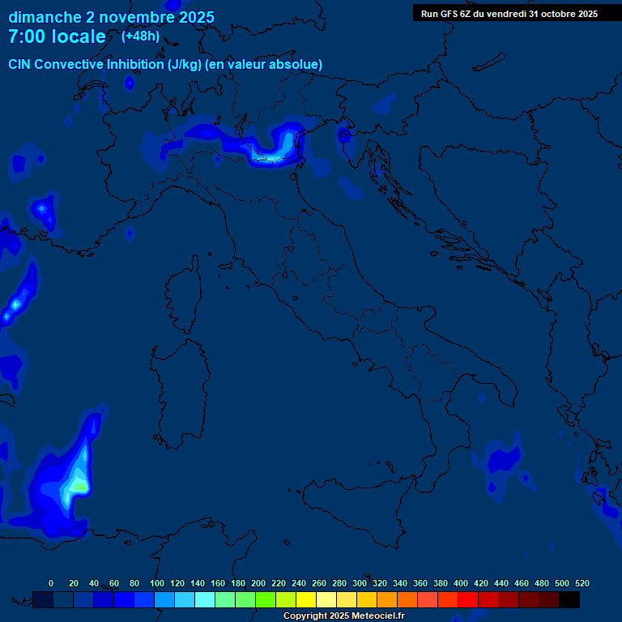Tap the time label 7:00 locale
pos(57,36)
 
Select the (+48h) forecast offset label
pos(140,36)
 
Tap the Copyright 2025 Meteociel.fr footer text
pos(343,616)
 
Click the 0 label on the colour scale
pos(51,583)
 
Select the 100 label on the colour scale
pos(156,583)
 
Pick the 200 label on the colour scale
pos(258,583)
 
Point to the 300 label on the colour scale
pos(359,583)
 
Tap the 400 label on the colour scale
pos(460,583)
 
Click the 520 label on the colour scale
pos(581,583)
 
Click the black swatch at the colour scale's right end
pos(569,599)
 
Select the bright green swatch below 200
pos(266,599)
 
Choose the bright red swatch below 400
pos(468,599)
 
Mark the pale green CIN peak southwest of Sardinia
pos(78,484)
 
